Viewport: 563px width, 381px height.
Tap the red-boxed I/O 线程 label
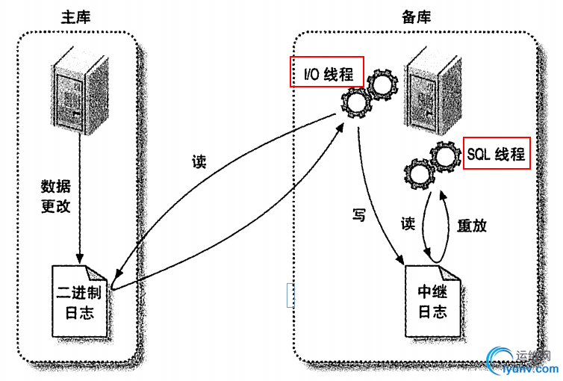coord(327,73)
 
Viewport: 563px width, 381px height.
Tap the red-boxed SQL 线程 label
coord(497,154)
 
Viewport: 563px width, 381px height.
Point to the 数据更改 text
coord(56,196)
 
